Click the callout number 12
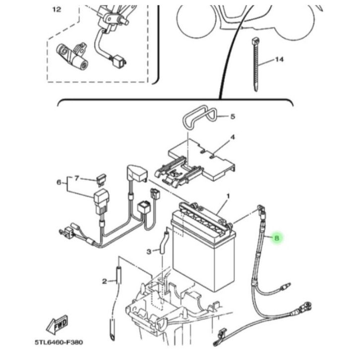pos(57,9)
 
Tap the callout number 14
pos(279,60)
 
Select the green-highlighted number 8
pos(277,238)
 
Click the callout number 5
pos(233,117)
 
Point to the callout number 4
pos(233,137)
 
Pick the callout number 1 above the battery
pos(228,196)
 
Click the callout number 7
pos(77,178)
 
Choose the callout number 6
pos(59,182)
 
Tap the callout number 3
pos(149,251)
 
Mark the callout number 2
pos(105,281)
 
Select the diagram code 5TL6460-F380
pos(59,342)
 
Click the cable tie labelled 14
pos(256,64)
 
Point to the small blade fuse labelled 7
pos(101,180)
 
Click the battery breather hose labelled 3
pos(164,242)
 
